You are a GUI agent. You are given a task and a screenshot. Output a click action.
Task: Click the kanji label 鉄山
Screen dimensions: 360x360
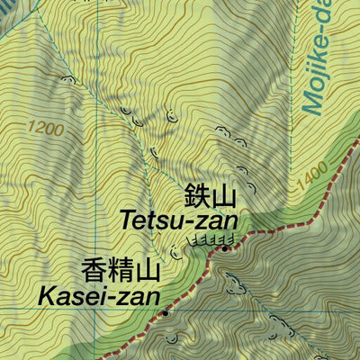point(210,195)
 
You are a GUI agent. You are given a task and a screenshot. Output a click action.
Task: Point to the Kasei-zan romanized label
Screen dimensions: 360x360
point(99,295)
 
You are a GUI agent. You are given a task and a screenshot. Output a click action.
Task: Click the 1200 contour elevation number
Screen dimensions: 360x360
point(45,130)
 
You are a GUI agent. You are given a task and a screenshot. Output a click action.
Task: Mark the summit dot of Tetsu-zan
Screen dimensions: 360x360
point(224,247)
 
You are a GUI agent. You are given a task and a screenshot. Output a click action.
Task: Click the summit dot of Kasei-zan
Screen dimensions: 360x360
point(166,314)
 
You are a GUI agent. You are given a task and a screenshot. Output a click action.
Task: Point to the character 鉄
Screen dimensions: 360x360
point(197,195)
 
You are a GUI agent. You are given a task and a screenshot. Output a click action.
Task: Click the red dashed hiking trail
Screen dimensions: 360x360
point(288,216)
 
